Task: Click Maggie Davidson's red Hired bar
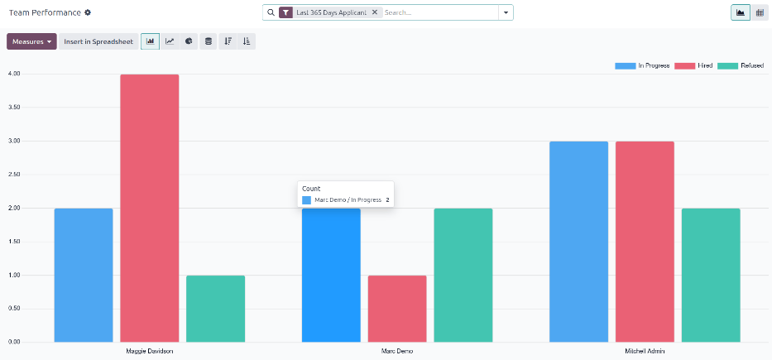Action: pos(149,208)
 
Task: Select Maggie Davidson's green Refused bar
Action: pos(215,308)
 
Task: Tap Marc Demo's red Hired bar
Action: pos(397,308)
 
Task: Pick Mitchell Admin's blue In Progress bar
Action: pos(578,241)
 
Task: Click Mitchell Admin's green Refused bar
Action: pos(711,275)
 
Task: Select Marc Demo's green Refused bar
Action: pos(463,275)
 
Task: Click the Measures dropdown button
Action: pos(31,41)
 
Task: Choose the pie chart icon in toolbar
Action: pos(189,41)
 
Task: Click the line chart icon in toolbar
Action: pos(170,41)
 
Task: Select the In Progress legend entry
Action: pos(642,65)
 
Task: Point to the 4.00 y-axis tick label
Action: pos(13,74)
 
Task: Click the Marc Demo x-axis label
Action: pos(397,351)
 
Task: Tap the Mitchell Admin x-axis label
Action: pos(645,351)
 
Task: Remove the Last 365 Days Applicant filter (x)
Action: pos(374,12)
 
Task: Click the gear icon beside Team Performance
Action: pos(88,12)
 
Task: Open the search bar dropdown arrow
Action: pos(504,12)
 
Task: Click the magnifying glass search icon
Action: pos(271,12)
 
